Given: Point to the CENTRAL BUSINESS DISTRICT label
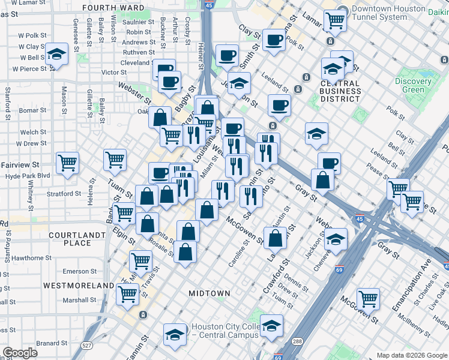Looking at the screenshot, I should tap(340, 88).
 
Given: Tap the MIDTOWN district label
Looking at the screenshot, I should tap(209, 293).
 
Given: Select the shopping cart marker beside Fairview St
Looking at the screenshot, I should tap(67, 162).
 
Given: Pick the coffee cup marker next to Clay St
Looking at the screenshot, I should tap(274, 40).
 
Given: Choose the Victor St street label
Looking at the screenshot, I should tap(113, 72).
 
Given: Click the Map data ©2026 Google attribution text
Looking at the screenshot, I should tap(411, 355).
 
